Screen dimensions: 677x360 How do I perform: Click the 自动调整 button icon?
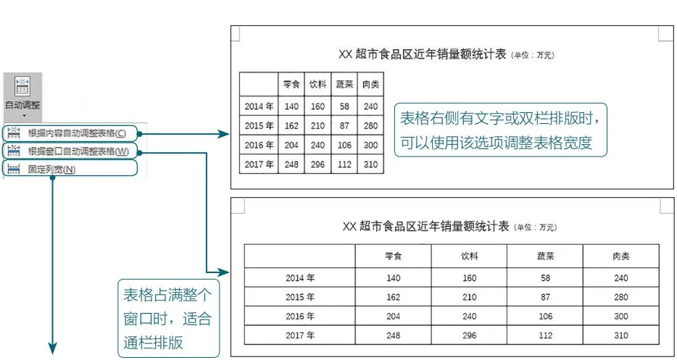click(x=22, y=85)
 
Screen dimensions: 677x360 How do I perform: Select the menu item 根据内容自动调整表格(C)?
click(x=75, y=133)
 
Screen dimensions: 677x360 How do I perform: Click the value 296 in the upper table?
click(x=317, y=164)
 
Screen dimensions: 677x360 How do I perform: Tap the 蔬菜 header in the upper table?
click(x=344, y=85)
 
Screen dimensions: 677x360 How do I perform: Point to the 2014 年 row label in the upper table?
click(x=259, y=106)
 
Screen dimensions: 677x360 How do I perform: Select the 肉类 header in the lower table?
click(x=620, y=256)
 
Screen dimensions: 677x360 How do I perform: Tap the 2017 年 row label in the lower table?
click(x=300, y=335)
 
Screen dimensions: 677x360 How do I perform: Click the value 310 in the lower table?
click(x=620, y=335)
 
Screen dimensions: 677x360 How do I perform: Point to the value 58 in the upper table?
click(x=344, y=106)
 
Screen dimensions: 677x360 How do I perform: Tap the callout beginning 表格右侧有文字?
click(x=501, y=130)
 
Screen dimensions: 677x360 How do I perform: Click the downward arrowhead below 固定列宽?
click(x=52, y=349)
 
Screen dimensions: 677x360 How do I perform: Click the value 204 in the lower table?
click(x=393, y=316)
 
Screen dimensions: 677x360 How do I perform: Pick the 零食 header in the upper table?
click(x=291, y=85)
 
